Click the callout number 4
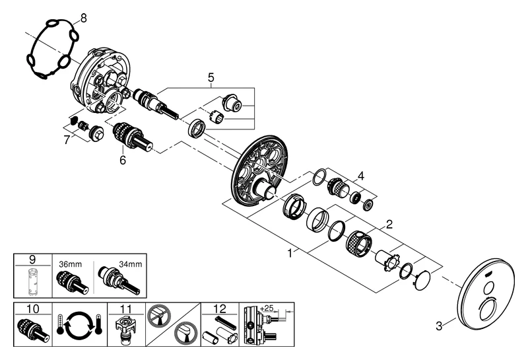[360, 176]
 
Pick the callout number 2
[390, 224]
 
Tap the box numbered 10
[31, 308]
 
